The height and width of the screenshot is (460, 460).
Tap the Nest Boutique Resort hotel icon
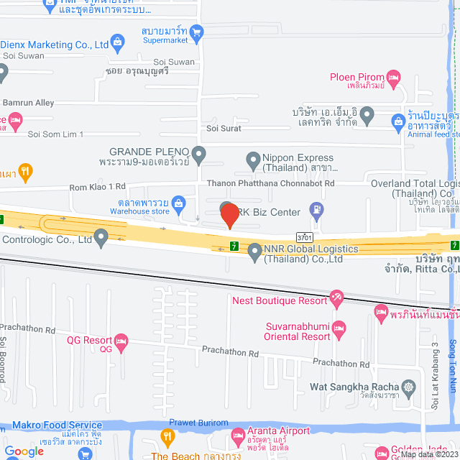coord(336,297)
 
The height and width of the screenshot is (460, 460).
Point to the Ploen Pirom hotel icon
coord(392,77)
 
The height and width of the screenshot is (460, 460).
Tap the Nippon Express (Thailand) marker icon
coord(252,159)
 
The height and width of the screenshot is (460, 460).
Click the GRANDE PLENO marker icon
coord(200,152)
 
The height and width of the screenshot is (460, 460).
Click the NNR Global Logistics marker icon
coord(254,251)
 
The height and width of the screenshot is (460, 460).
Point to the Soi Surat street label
coord(224,128)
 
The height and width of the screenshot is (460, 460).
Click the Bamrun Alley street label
coord(29,103)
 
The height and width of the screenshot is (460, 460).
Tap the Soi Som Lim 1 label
coord(55,134)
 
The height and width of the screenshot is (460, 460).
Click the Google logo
coord(24,451)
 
